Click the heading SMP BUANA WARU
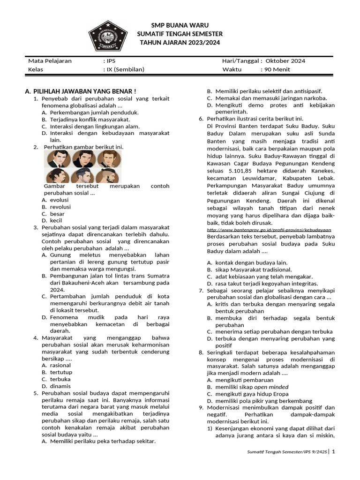coord(180,25)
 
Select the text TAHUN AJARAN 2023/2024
coord(180,43)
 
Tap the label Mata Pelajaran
coord(50,61)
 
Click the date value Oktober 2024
coord(285,61)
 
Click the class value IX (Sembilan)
coord(124,69)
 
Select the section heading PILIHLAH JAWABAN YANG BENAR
coord(84,91)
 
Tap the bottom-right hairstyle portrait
coord(109,176)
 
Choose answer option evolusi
coord(59,200)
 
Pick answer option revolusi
coord(60,207)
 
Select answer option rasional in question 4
coord(60,365)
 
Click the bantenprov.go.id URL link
coord(269,230)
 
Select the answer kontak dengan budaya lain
coord(251,263)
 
